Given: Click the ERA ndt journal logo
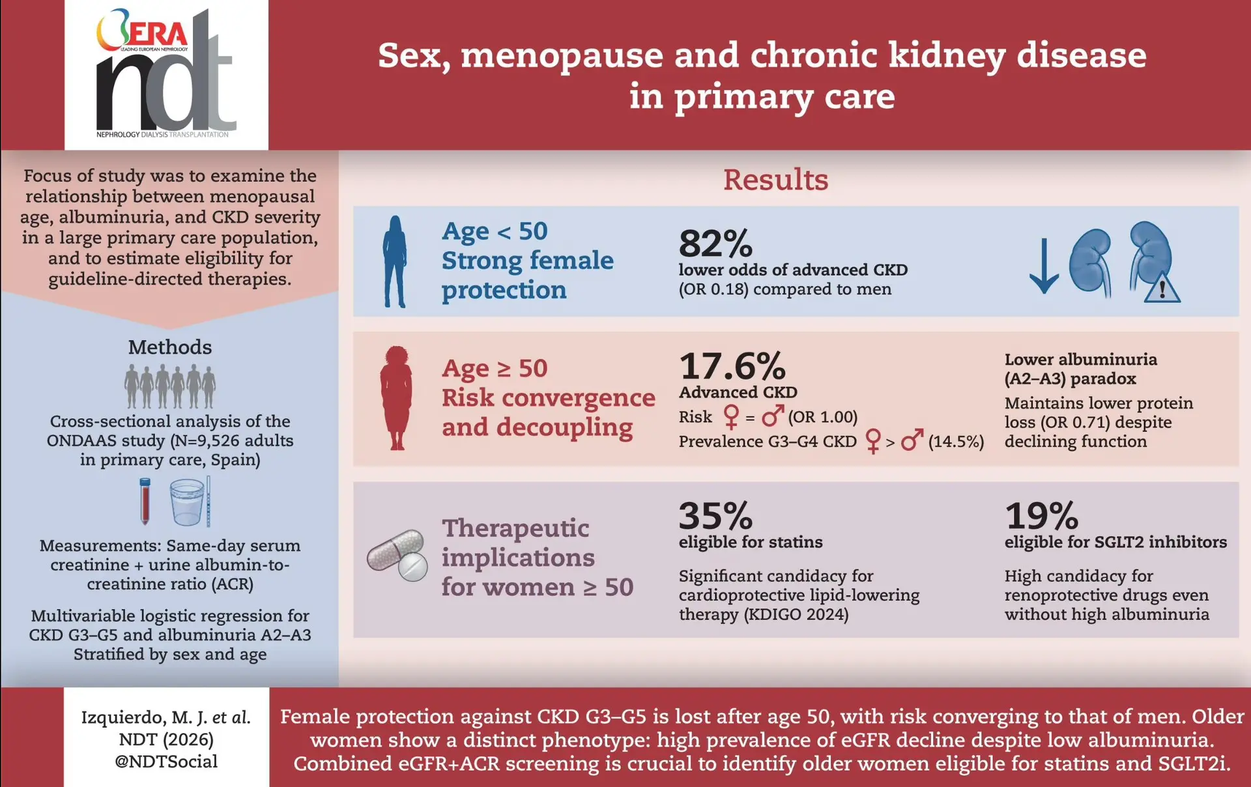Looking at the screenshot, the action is point(166,73).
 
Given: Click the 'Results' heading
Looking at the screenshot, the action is point(775,180).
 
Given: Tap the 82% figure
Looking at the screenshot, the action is point(715,243).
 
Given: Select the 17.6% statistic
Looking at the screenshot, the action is point(732,366).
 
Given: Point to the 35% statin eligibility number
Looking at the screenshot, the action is point(715,516).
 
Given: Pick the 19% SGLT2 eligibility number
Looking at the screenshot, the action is point(1041,516).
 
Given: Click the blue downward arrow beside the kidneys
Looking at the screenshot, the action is point(1044,266).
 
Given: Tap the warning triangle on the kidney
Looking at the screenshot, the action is point(1162,287).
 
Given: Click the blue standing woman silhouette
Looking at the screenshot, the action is point(395,261).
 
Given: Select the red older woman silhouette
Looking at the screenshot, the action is point(396,398).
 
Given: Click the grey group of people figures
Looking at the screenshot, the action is point(170,386).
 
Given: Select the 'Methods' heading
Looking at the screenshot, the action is point(170,347).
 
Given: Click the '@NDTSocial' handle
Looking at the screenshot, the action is point(166,762).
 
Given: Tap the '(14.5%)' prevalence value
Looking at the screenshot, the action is point(956,442).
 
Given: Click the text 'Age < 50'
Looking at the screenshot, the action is point(495,231).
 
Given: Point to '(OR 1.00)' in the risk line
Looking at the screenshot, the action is point(823,417).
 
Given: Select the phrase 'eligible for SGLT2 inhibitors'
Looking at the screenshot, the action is point(1115,542).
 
